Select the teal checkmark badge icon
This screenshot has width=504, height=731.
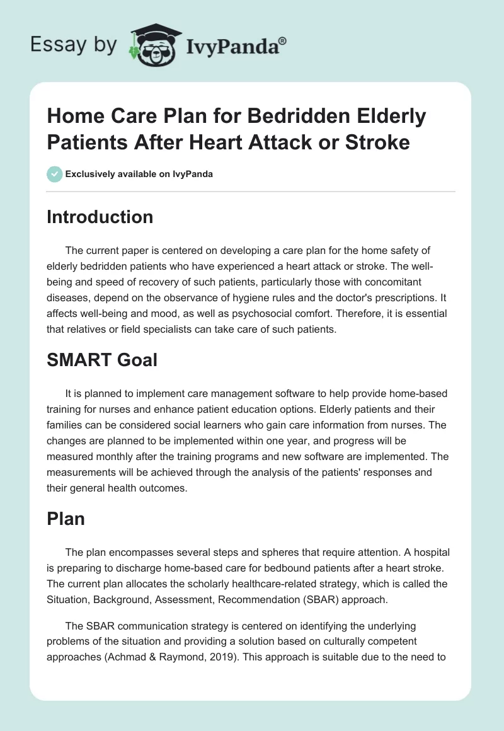pos(55,174)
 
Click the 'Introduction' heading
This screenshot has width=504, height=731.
pos(100,217)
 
